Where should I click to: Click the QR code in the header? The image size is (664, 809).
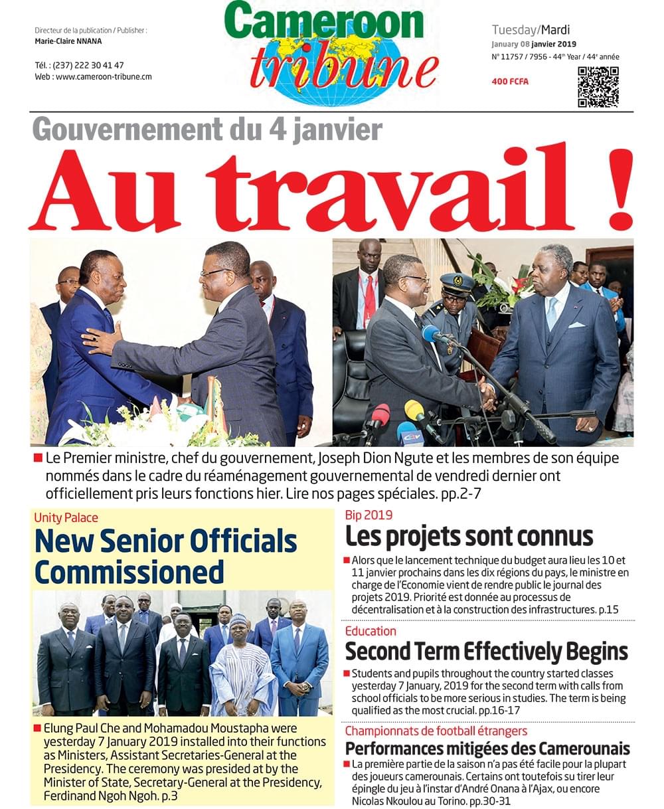pyautogui.click(x=598, y=87)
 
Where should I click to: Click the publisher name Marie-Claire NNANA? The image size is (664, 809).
pyautogui.click(x=68, y=41)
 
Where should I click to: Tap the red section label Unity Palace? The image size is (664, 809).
pyautogui.click(x=66, y=517)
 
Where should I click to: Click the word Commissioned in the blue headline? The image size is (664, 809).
pyautogui.click(x=129, y=572)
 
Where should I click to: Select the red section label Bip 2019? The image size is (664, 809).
pyautogui.click(x=369, y=515)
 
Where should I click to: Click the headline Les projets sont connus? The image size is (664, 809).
pyautogui.click(x=469, y=536)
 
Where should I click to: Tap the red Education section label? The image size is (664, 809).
pyautogui.click(x=371, y=631)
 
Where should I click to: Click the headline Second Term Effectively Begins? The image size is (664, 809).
pyautogui.click(x=486, y=652)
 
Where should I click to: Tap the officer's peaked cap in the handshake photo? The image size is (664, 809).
pyautogui.click(x=456, y=284)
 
